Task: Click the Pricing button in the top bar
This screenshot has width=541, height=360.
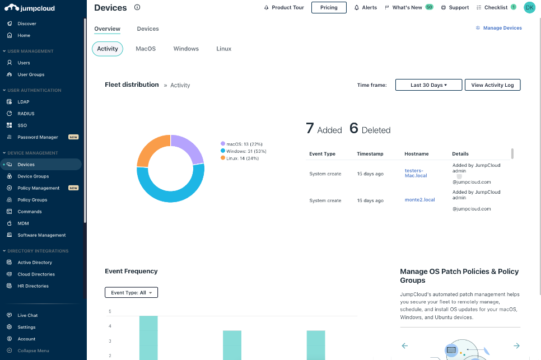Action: click(329, 8)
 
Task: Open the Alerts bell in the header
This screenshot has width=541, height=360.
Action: click(366, 8)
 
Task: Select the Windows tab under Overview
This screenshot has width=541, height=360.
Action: click(186, 49)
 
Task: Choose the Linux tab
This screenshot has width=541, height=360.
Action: click(224, 49)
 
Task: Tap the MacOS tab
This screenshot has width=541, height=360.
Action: click(146, 49)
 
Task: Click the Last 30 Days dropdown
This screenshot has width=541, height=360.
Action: click(428, 85)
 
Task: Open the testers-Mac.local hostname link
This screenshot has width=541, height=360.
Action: click(416, 173)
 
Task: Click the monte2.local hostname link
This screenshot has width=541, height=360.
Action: click(419, 200)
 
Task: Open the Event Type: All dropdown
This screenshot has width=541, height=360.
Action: click(131, 293)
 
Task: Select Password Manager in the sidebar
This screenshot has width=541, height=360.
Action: click(38, 137)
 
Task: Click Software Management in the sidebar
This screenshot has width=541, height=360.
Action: click(41, 235)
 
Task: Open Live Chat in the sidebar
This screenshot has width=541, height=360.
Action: click(27, 316)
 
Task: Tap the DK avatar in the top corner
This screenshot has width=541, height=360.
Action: click(529, 7)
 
